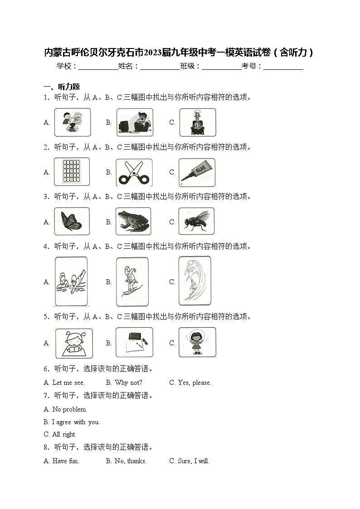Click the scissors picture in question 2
tap(134, 172)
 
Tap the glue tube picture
tap(196, 172)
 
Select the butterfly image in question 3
tap(72, 222)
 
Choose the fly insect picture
tap(196, 222)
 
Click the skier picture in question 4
tap(132, 281)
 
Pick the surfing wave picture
tap(195, 281)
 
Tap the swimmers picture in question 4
tap(71, 281)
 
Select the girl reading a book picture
tap(73, 343)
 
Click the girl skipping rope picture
tap(197, 342)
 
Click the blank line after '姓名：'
tap(160, 67)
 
